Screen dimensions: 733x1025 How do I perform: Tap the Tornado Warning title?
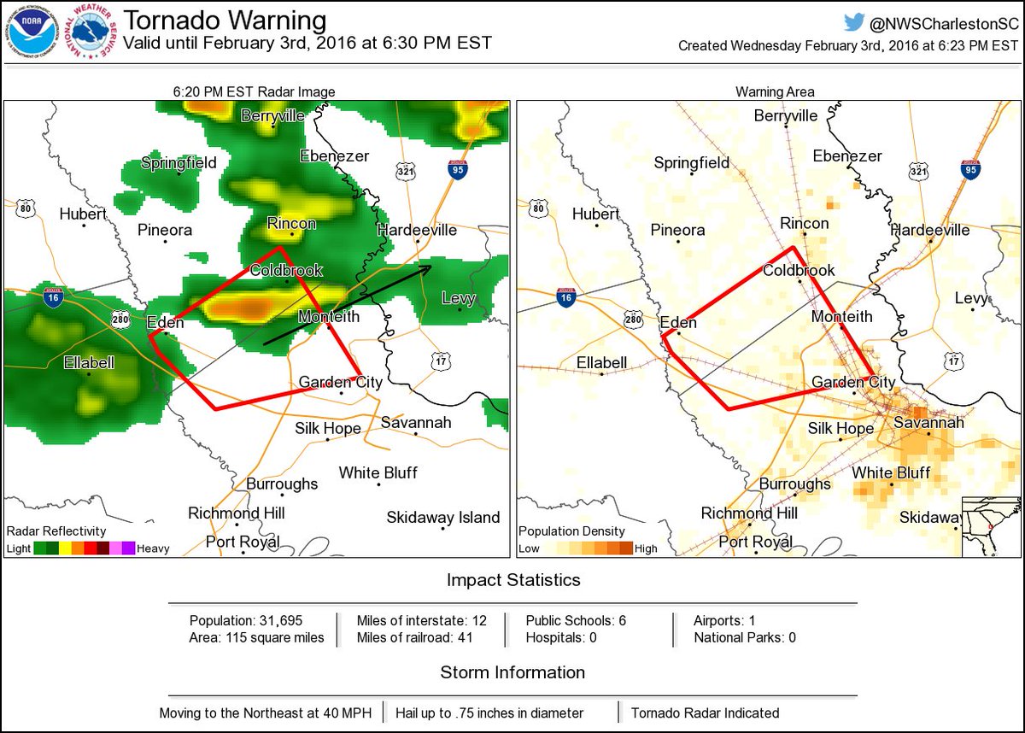point(225,21)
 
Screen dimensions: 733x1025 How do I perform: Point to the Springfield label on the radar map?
point(179,162)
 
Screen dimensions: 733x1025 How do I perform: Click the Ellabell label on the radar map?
point(89,363)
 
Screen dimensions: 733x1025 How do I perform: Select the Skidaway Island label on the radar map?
point(442,517)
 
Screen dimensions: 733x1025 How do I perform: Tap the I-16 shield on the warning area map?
point(565,296)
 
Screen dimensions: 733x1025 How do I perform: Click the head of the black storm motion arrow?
point(428,268)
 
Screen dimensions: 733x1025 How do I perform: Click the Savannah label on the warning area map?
point(928,423)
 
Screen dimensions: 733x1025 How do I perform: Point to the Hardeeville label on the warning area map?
point(930,230)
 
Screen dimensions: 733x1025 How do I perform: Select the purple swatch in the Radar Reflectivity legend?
point(130,548)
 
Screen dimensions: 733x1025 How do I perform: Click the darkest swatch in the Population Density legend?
point(627,548)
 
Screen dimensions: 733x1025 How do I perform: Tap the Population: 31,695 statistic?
point(246,620)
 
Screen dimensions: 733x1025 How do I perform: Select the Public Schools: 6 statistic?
point(576,620)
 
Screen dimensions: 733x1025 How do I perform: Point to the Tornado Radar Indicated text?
point(705,712)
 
